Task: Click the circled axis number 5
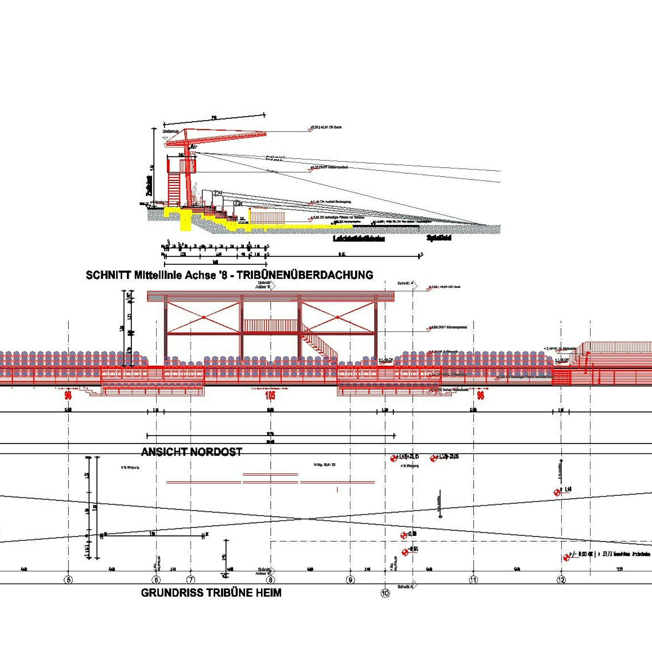click(x=69, y=580)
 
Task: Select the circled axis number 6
click(x=156, y=580)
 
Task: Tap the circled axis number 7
click(x=190, y=580)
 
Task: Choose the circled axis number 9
click(x=350, y=580)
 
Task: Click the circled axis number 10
click(x=385, y=593)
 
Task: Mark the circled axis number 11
click(x=473, y=580)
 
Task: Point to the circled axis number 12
click(x=561, y=580)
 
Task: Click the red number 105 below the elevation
click(x=270, y=395)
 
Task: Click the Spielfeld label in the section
click(x=439, y=238)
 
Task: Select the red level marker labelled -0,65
click(x=405, y=552)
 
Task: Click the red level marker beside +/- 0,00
click(x=566, y=558)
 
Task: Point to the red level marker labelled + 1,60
click(x=557, y=492)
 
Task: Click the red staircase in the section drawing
click(x=174, y=189)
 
